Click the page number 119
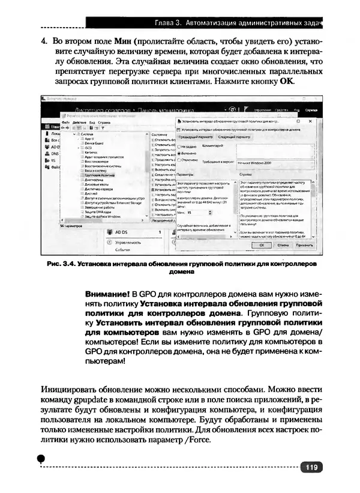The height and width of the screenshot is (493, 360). (x=311, y=468)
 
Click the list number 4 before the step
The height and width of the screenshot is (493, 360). (x=44, y=44)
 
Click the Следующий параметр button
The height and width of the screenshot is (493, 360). (x=234, y=137)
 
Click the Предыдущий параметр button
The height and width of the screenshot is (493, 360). (x=195, y=137)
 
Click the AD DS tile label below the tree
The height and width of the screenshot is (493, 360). (x=122, y=231)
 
